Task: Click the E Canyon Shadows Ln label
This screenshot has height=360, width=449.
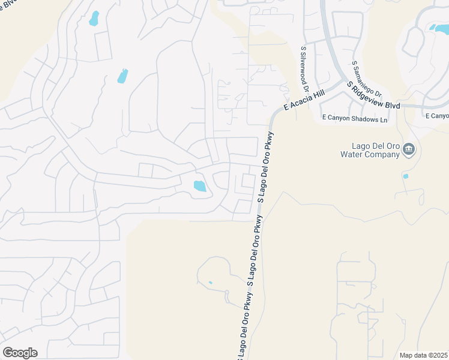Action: pyautogui.click(x=355, y=119)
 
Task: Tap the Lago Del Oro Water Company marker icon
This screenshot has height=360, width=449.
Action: pyautogui.click(x=409, y=149)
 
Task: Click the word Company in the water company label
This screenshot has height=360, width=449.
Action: pyautogui.click(x=383, y=155)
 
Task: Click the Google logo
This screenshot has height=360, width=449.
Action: pyautogui.click(x=20, y=353)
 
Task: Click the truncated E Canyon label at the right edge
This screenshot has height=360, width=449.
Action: pyautogui.click(x=436, y=116)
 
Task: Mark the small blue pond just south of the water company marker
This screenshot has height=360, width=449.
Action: pyautogui.click(x=406, y=176)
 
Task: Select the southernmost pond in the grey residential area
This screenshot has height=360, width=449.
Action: pyautogui.click(x=199, y=186)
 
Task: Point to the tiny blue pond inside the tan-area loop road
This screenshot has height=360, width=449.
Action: pyautogui.click(x=210, y=283)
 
